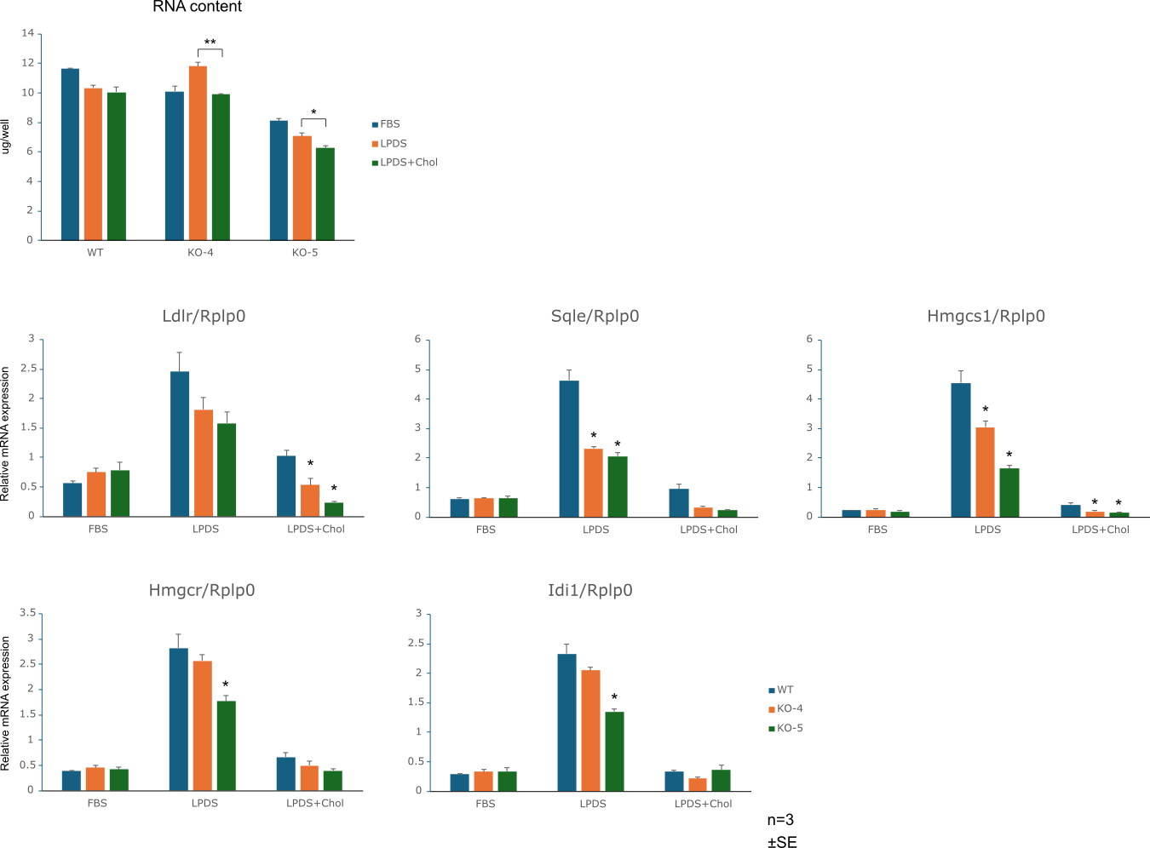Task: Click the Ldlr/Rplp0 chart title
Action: (x=204, y=316)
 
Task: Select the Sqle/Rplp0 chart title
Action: (x=595, y=316)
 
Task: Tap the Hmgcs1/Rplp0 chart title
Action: (x=986, y=316)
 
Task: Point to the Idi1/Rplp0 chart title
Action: (x=589, y=590)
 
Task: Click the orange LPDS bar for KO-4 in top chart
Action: (x=198, y=153)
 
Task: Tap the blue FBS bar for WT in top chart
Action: (x=70, y=154)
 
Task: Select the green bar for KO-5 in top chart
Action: (x=325, y=194)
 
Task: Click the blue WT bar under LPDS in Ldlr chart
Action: (x=180, y=444)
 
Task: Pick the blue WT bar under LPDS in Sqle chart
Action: (x=569, y=449)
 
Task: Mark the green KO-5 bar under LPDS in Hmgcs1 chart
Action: (x=1009, y=493)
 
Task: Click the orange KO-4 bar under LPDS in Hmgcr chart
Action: (x=202, y=725)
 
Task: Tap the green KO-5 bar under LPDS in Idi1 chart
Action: (x=614, y=751)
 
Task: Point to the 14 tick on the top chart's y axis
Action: (x=28, y=33)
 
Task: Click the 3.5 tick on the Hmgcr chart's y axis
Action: (x=27, y=613)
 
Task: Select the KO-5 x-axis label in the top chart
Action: (x=304, y=253)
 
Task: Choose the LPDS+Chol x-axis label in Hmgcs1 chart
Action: (x=1100, y=530)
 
